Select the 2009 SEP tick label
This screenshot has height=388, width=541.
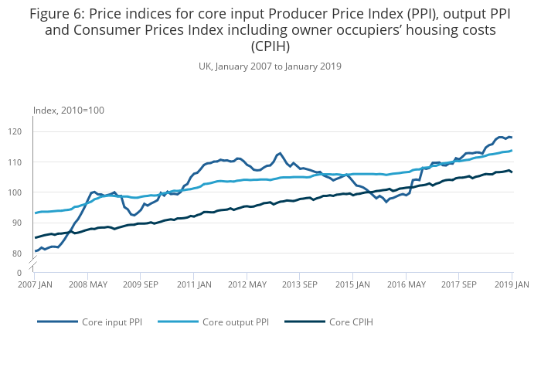tap(140, 284)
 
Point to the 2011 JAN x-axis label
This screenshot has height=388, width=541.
tap(193, 284)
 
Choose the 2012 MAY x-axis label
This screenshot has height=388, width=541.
tap(247, 284)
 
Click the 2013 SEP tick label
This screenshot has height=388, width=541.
tap(300, 284)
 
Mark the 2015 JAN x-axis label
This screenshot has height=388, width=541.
tap(353, 284)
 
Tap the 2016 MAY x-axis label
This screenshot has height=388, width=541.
tap(407, 284)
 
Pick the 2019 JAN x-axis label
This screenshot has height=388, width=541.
tap(512, 284)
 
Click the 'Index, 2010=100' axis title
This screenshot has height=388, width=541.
tap(69, 111)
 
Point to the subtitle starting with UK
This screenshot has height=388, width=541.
tap(270, 66)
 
